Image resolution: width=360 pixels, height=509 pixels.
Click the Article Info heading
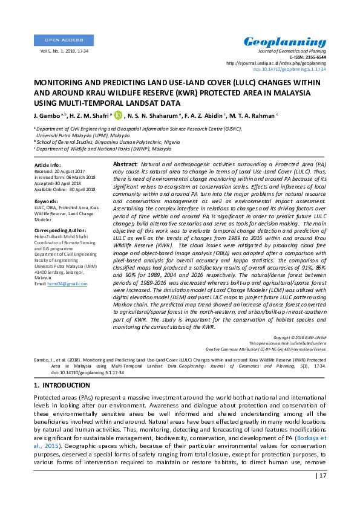click(47, 164)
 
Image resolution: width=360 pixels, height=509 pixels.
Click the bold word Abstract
click(125, 164)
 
